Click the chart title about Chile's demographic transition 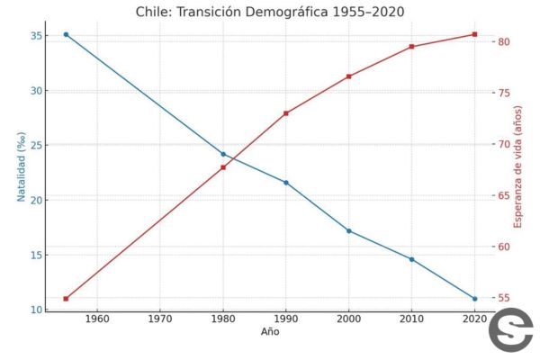[x=270, y=11]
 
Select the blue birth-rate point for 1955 [x=66, y=34]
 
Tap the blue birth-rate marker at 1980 [x=223, y=154]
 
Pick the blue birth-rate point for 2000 [x=349, y=230]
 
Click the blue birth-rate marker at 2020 [x=474, y=299]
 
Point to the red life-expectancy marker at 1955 [x=66, y=299]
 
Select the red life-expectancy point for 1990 [x=286, y=113]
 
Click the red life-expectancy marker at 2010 [x=411, y=47]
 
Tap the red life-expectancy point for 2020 [x=474, y=34]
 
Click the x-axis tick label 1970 [x=160, y=319]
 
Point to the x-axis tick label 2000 [x=349, y=319]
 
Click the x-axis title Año [x=270, y=332]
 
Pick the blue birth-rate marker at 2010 [x=411, y=259]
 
